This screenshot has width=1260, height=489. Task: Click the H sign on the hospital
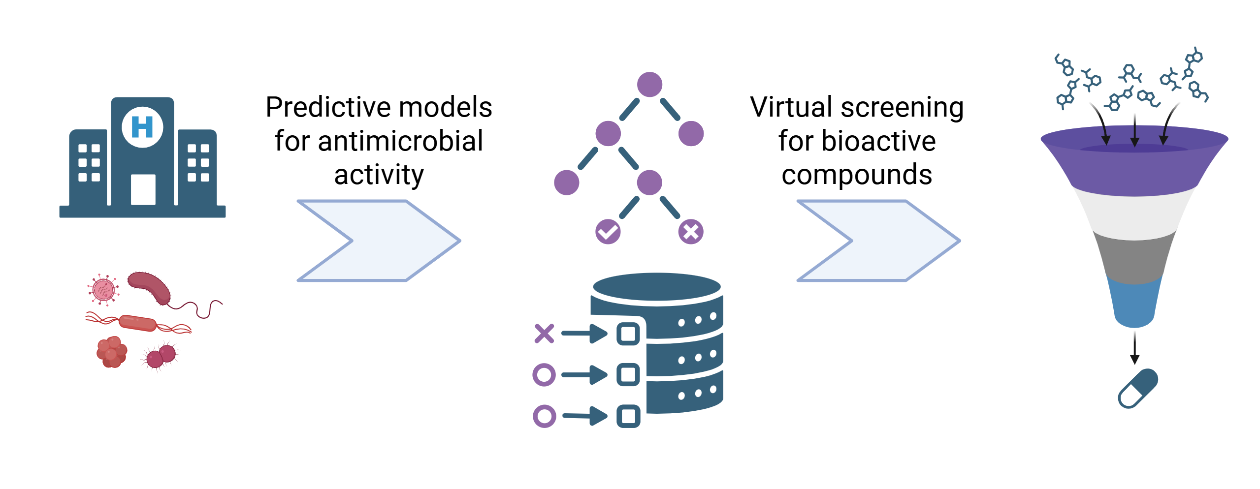pyautogui.click(x=142, y=127)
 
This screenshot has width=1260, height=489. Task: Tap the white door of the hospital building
pyautogui.click(x=143, y=189)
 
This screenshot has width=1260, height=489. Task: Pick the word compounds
pyautogui.click(x=857, y=175)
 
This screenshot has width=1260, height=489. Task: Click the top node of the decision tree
pyautogui.click(x=649, y=85)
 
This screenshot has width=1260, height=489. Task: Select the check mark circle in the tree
pyautogui.click(x=608, y=232)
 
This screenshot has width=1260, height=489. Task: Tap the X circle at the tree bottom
pyautogui.click(x=691, y=232)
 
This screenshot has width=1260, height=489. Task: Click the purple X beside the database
pyautogui.click(x=544, y=334)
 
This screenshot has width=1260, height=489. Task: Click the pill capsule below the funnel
pyautogui.click(x=1138, y=389)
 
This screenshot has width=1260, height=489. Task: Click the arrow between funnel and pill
pyautogui.click(x=1135, y=348)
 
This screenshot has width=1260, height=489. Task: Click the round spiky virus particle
pyautogui.click(x=103, y=290)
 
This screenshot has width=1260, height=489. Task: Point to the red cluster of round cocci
pyautogui.click(x=112, y=352)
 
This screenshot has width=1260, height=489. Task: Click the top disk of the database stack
pyautogui.click(x=657, y=286)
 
